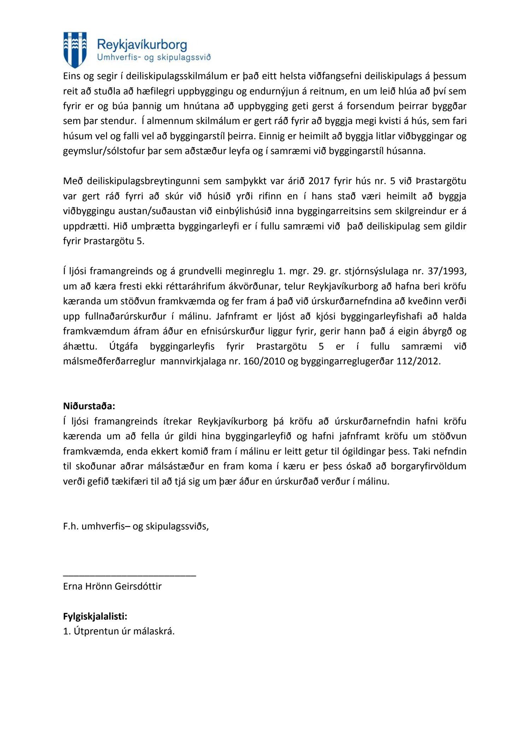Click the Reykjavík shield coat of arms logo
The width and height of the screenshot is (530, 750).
(x=75, y=49)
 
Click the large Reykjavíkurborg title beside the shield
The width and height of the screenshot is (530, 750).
(x=142, y=45)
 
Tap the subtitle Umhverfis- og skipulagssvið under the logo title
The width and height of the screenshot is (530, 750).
(x=154, y=58)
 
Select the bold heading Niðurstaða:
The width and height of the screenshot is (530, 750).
(x=89, y=406)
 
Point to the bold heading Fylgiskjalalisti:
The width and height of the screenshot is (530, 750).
(x=95, y=616)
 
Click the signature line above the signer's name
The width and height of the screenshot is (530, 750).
(x=129, y=576)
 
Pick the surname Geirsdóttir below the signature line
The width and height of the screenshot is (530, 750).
(x=138, y=586)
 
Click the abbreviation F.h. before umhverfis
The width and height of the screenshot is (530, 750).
(x=71, y=526)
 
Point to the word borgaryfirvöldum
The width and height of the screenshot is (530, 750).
(x=428, y=466)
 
